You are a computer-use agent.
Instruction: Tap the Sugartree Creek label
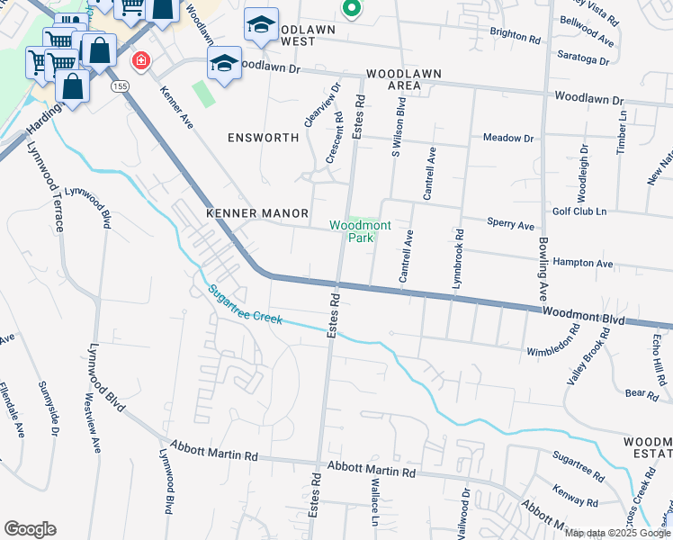tap(246, 305)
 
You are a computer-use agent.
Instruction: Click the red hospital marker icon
tap(139, 61)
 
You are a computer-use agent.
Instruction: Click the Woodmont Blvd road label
tap(582, 314)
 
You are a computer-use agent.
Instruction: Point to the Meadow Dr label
tap(508, 138)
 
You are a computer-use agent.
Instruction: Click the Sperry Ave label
tap(510, 224)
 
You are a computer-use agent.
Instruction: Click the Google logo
tap(30, 529)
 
